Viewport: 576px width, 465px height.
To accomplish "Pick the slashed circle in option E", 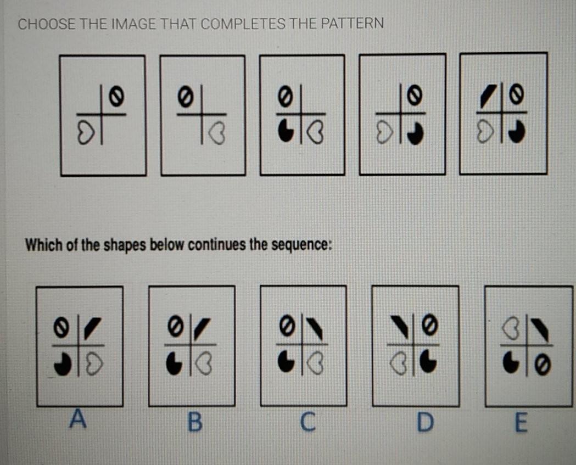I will click(543, 363).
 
